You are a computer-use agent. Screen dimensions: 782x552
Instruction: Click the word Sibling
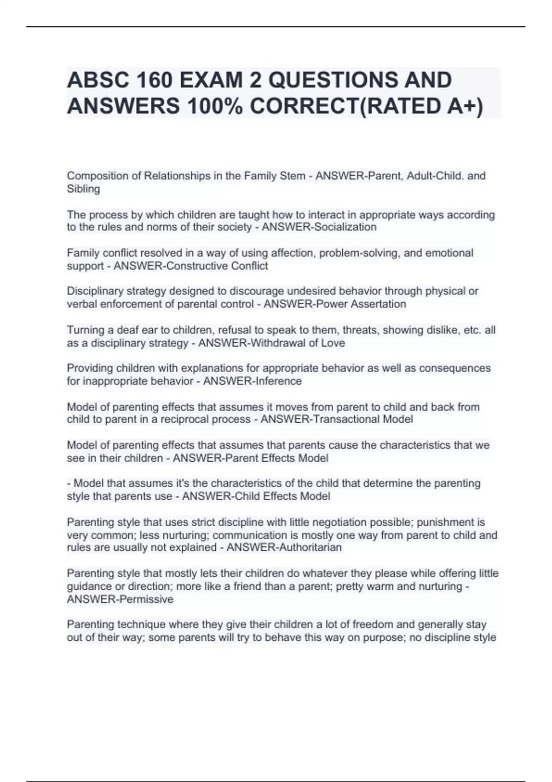(83, 189)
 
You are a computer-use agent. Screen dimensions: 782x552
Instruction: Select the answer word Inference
(280, 381)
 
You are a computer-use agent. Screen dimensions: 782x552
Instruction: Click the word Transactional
(348, 419)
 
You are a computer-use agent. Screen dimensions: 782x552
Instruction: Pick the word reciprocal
(179, 419)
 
